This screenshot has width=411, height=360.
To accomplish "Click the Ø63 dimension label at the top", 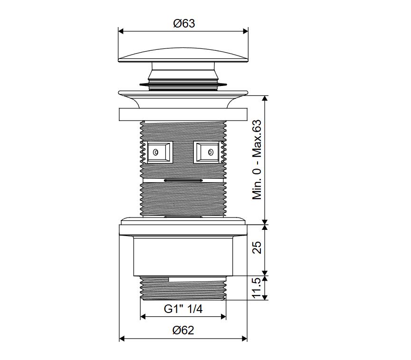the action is [184, 23].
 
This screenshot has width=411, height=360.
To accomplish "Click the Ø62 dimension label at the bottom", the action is [183, 330].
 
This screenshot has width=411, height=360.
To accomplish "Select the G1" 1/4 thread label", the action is [183, 309].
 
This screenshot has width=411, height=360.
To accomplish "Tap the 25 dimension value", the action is [257, 247].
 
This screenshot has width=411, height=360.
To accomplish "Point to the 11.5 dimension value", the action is [257, 288].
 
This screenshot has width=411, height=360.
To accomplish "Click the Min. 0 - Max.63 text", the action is [257, 160].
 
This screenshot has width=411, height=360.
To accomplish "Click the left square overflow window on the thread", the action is [159, 152].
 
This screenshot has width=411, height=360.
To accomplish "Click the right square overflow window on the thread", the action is [207, 152].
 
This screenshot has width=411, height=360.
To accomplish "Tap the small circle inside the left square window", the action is [156, 152].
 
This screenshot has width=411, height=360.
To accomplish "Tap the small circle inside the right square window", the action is [210, 152].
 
